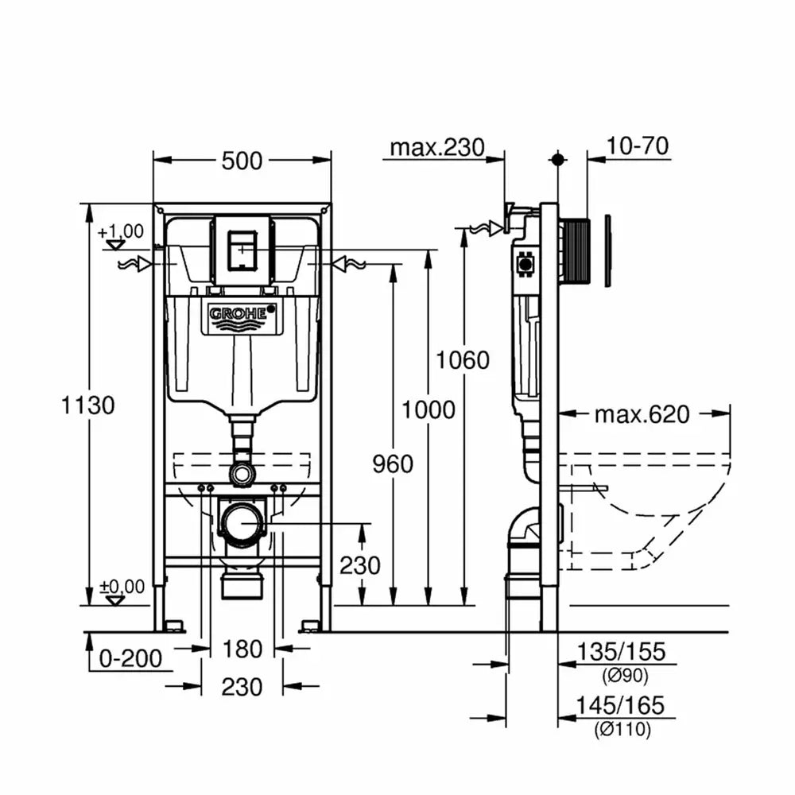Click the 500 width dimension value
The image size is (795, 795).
[242, 161]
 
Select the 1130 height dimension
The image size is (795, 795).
[87, 405]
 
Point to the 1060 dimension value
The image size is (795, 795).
[463, 360]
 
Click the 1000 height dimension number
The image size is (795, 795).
[429, 409]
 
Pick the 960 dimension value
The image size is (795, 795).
[393, 464]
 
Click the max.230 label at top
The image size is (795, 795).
[437, 148]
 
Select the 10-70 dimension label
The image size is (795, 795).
[638, 146]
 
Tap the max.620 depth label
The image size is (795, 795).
[642, 414]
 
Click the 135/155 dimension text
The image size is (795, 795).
[621, 652]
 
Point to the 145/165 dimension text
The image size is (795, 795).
[619, 705]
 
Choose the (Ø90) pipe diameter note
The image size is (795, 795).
[625, 675]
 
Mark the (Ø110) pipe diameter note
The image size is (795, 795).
[622, 729]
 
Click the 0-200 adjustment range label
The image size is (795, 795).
[130, 658]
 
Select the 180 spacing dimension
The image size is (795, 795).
[242, 649]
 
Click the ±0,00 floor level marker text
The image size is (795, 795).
[122, 587]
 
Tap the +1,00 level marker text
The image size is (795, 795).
[121, 231]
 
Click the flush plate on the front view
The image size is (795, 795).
[242, 250]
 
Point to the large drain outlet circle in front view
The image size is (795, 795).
[242, 522]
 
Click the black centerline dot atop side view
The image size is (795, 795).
[558, 160]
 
